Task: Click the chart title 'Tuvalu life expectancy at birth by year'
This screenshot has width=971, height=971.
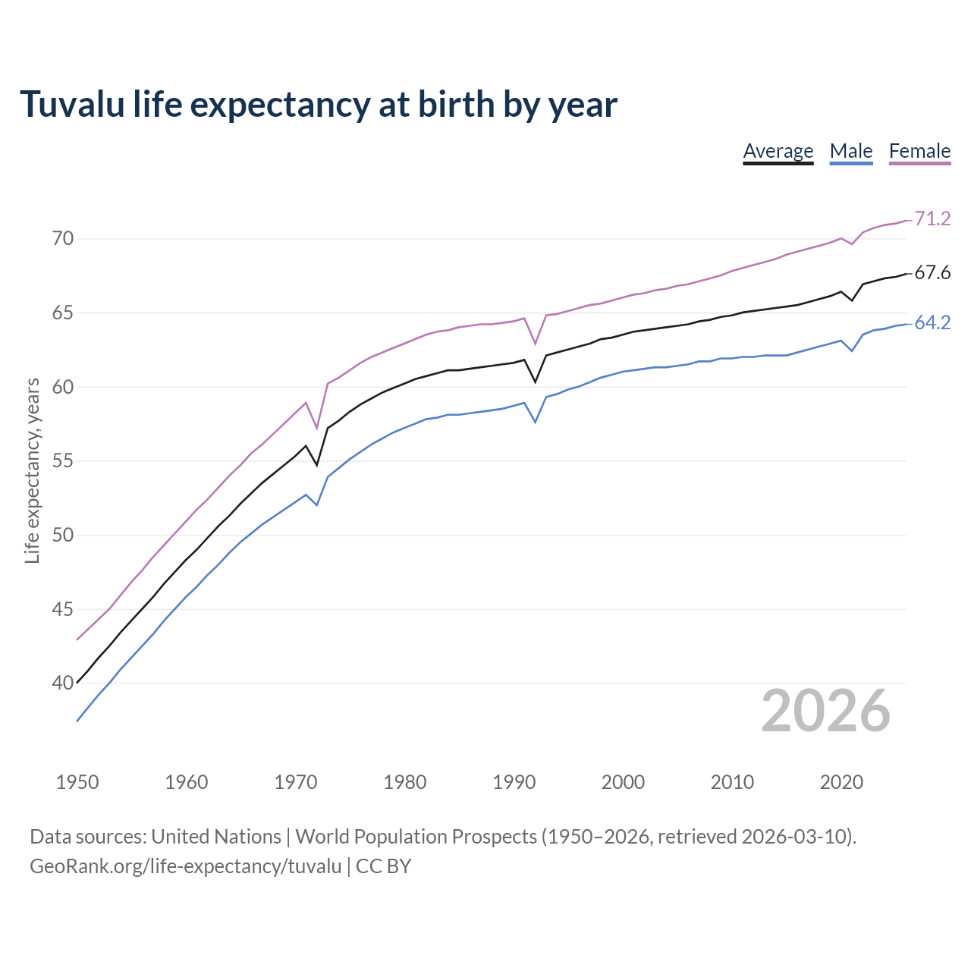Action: coord(319,104)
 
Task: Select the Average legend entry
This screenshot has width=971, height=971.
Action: coord(778,151)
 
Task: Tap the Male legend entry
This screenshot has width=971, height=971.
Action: coord(850,151)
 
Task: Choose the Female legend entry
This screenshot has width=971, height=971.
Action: coord(919,151)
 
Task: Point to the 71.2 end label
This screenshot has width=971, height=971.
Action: coord(932,218)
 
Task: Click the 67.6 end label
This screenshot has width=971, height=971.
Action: coord(932,273)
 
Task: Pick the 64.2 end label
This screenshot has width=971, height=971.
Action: coord(932,323)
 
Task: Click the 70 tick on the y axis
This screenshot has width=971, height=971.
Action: coord(63,239)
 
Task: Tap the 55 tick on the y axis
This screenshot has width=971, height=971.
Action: coord(63,461)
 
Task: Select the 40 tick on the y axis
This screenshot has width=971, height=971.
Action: coord(63,683)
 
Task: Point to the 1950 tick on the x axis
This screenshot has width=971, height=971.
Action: coord(77,782)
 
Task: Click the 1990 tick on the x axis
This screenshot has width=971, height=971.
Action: coord(514,782)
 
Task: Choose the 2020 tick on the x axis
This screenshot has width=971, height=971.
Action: coord(841,782)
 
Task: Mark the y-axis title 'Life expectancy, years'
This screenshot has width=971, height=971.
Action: coord(32,471)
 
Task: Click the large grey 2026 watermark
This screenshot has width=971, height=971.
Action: coord(825,711)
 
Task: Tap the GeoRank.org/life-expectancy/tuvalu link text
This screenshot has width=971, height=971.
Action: coord(186,866)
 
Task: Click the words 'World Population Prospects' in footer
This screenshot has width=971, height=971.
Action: coord(416,837)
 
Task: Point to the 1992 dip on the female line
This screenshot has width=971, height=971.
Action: coord(536,344)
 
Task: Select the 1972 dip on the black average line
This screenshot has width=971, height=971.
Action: coord(317,464)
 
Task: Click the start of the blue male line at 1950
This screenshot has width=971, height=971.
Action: coord(77,721)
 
